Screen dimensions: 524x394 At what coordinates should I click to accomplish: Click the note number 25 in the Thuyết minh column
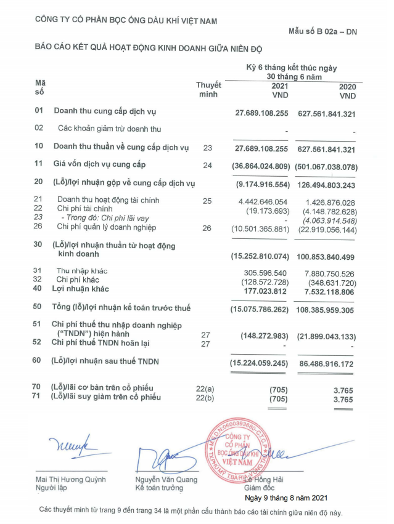click(x=207, y=201)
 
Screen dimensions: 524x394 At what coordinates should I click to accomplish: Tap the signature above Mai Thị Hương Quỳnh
click(x=70, y=441)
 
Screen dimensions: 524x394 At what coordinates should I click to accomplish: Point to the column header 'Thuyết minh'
click(x=208, y=89)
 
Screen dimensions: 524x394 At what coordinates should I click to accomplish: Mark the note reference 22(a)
click(x=207, y=387)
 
